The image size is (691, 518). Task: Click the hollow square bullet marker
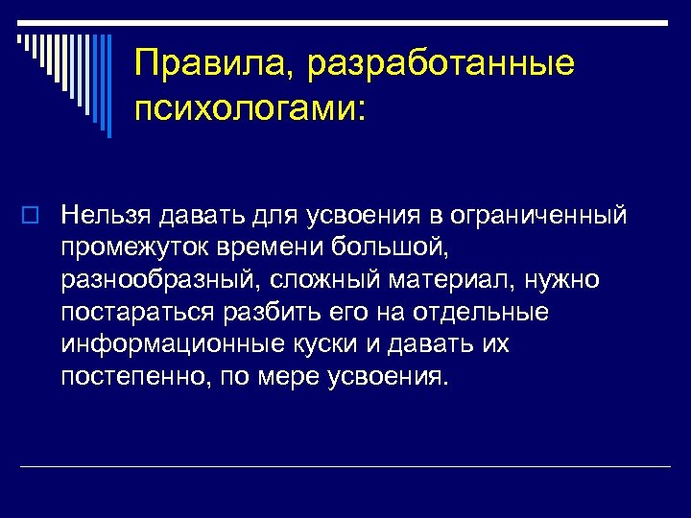(29, 215)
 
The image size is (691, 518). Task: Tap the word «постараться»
(139, 312)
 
